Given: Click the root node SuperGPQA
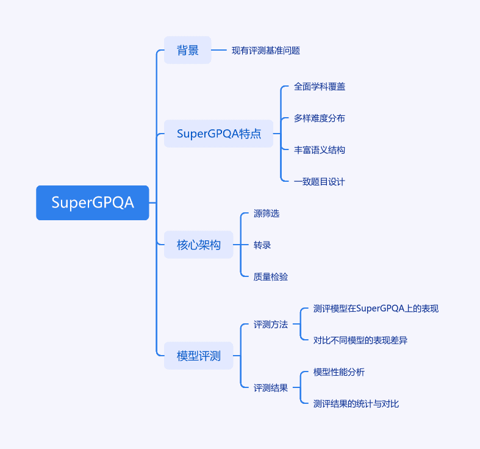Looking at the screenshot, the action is coord(93,203).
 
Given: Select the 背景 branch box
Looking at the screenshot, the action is coord(188,50).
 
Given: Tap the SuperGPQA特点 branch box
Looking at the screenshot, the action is coord(218,134).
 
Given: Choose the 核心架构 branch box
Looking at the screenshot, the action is coord(199,245).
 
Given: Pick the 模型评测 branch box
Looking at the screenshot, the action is coord(199,356).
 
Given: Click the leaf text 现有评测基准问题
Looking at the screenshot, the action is coord(266,51).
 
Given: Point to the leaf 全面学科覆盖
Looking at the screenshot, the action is coord(320,87).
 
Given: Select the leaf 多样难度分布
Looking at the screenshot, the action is coord(320,118).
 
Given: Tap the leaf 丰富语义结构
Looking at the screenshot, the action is coord(320,150).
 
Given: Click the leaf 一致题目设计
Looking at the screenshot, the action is coord(320,182).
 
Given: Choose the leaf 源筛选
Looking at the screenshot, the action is coord(267,214).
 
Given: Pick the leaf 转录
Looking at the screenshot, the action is coord(262,245).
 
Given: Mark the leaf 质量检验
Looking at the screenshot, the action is coord(271,277).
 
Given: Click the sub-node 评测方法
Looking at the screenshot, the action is coord(271,325).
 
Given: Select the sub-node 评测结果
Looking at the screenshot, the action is coord(271,388).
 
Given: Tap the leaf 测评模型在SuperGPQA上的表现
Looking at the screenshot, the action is coord(376,309).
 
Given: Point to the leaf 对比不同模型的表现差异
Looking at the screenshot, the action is coord(360,340).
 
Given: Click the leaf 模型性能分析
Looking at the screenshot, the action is coord(339,372).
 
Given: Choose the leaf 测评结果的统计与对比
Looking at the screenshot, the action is coord(356,404).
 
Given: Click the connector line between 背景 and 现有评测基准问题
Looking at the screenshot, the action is coord(219,50).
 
